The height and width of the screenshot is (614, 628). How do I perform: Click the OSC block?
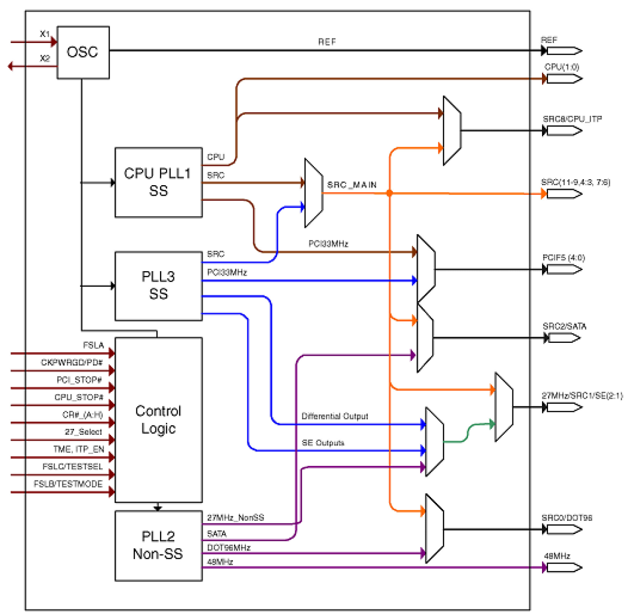83,52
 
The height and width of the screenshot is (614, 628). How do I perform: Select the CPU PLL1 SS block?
158,182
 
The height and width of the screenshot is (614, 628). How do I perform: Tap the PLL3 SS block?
158,286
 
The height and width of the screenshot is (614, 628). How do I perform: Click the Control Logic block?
158,419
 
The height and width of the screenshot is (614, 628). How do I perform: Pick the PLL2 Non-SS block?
158,545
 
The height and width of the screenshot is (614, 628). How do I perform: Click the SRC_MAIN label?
352,185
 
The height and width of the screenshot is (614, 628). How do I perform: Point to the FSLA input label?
93,345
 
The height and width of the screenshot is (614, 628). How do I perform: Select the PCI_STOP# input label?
79,380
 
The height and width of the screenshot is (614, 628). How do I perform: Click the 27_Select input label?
83,432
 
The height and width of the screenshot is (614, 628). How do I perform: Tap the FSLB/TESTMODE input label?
68,484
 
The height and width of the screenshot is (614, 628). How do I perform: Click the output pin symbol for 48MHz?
564,567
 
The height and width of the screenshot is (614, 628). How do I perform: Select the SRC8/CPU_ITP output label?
572,119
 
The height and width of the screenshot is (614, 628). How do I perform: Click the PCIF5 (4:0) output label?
563,258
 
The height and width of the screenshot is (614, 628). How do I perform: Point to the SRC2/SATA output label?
564,326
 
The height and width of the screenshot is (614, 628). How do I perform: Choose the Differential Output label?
334,416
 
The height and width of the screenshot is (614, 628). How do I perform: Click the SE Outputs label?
322,443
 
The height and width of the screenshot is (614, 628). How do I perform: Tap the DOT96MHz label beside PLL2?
228,547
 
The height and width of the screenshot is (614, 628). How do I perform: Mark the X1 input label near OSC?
45,34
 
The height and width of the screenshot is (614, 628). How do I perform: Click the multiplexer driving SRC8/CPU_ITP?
452,131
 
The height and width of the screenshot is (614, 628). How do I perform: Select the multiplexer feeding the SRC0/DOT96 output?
434,528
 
